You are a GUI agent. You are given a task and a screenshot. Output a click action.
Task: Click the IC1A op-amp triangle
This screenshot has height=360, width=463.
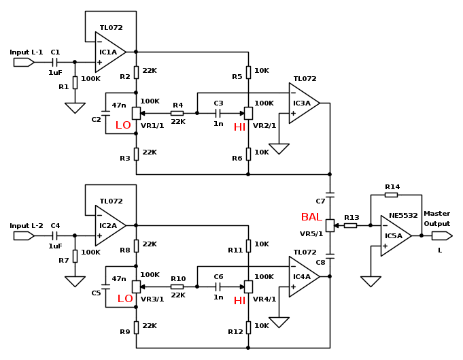click(x=109, y=52)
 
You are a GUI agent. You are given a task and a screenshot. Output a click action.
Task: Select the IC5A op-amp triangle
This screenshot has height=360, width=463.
click(x=394, y=235)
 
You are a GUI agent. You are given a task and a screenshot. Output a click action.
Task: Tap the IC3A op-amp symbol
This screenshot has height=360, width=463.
click(x=303, y=103)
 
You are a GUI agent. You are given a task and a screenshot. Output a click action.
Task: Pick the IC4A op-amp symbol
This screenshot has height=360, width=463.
click(x=303, y=276)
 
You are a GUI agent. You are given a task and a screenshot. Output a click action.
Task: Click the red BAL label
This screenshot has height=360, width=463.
click(x=311, y=217)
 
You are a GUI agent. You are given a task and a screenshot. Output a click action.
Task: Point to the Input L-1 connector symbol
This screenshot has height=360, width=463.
click(x=24, y=62)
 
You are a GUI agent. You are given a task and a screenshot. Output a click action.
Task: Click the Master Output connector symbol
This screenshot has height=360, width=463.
click(x=441, y=235)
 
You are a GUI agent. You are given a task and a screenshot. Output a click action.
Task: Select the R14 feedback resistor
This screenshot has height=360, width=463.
click(x=391, y=195)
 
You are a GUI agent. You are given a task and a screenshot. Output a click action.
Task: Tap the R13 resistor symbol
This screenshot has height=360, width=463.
click(x=350, y=225)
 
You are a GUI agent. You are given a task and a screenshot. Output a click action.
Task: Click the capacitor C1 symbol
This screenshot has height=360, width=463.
click(x=55, y=62)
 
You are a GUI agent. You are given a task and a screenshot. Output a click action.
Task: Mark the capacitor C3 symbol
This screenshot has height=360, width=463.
click(x=218, y=113)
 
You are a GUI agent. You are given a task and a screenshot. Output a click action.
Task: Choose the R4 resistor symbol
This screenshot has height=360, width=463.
click(x=177, y=113)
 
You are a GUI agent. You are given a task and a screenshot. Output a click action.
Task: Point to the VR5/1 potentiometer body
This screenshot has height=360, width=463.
click(x=330, y=225)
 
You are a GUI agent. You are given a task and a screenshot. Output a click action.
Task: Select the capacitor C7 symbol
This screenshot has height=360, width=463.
click(x=330, y=195)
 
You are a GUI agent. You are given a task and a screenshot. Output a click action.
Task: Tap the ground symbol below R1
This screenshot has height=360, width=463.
click(x=75, y=108)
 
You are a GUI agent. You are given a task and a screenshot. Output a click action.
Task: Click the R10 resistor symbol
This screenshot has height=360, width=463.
click(x=177, y=287)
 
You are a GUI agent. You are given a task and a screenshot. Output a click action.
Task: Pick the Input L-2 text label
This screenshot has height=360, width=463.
click(x=27, y=226)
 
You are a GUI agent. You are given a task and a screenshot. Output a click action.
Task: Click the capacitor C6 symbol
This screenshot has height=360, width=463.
click(x=218, y=287)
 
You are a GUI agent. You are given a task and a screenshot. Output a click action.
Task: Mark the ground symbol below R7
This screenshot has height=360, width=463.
click(x=75, y=281)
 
